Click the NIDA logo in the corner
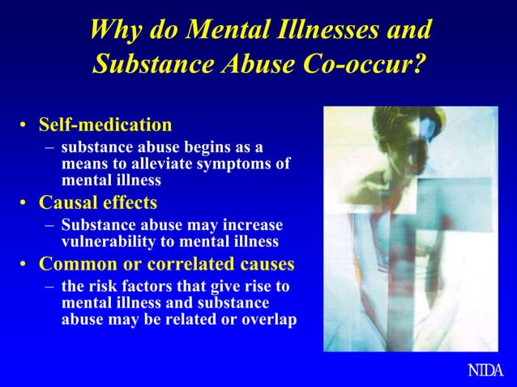pyautogui.click(x=486, y=371)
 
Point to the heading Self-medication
pyautogui.click(x=105, y=125)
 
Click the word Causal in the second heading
pyautogui.click(x=71, y=202)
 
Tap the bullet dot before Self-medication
pyautogui.click(x=25, y=126)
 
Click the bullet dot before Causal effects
pyautogui.click(x=25, y=202)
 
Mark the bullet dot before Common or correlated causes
pyautogui.click(x=25, y=265)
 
